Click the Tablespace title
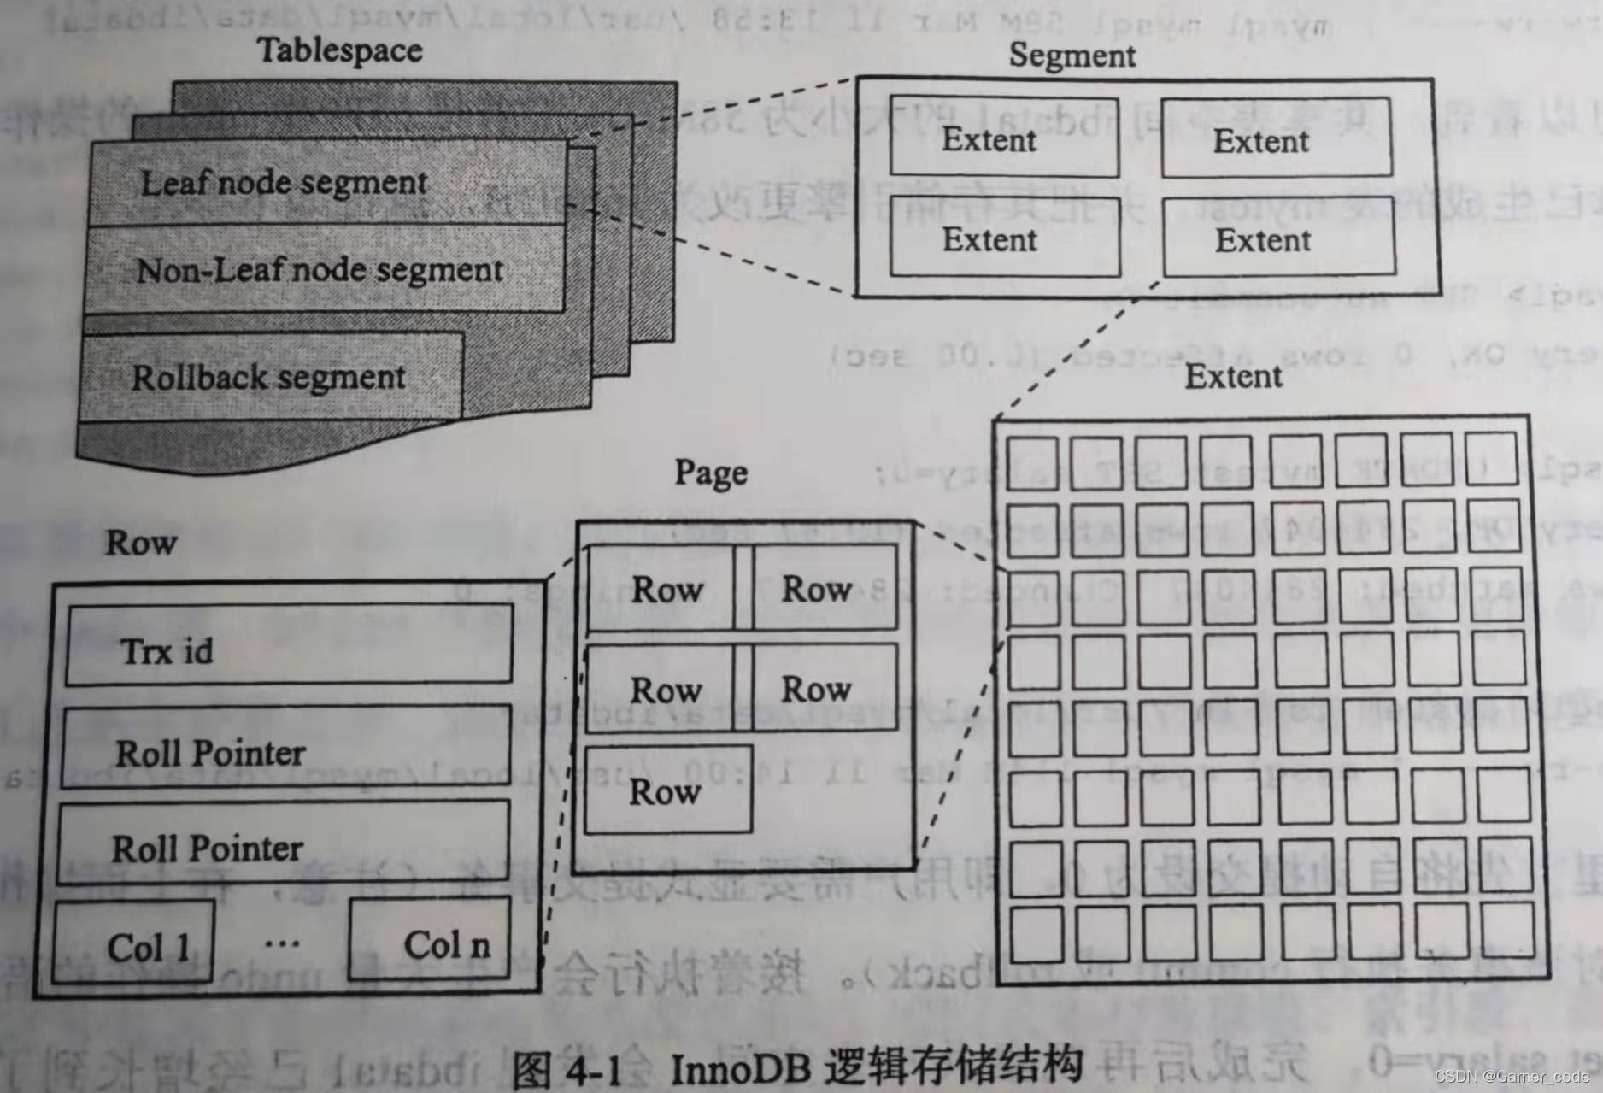pyautogui.click(x=340, y=50)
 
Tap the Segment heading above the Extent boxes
pyautogui.click(x=1072, y=56)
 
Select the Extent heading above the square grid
pyautogui.click(x=1233, y=377)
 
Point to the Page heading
pyautogui.click(x=711, y=473)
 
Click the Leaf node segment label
pyautogui.click(x=284, y=183)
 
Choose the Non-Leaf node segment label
pyautogui.click(x=320, y=271)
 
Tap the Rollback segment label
pyautogui.click(x=268, y=378)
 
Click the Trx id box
pyautogui.click(x=289, y=646)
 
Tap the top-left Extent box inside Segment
pyautogui.click(x=1004, y=137)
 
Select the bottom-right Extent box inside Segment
pyautogui.click(x=1278, y=238)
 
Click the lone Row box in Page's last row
pyautogui.click(x=668, y=790)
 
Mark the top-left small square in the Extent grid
pyautogui.click(x=1032, y=464)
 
